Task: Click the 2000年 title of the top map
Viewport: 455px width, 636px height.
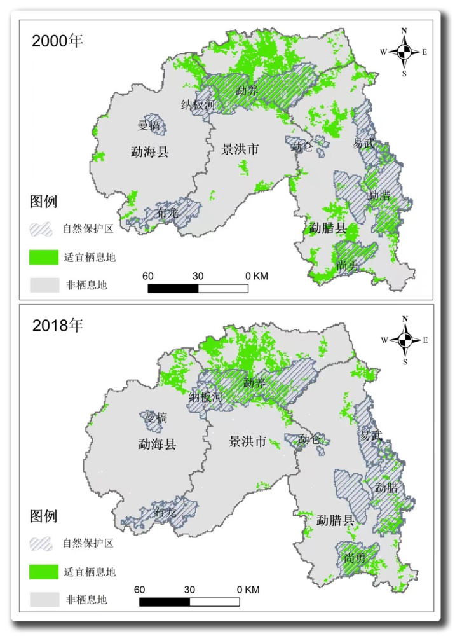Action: pyautogui.click(x=58, y=41)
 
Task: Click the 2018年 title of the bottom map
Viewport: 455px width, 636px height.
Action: pyautogui.click(x=58, y=326)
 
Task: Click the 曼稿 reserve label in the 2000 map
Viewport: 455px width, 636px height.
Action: pyautogui.click(x=150, y=125)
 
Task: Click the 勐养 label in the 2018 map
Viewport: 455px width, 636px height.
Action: pyautogui.click(x=254, y=384)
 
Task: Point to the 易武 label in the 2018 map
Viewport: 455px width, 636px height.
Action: pyautogui.click(x=372, y=436)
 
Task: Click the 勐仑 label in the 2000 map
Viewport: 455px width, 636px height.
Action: pyautogui.click(x=302, y=148)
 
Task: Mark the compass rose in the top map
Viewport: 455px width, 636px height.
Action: pyautogui.click(x=404, y=52)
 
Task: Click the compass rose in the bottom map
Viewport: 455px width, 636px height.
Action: pyautogui.click(x=404, y=340)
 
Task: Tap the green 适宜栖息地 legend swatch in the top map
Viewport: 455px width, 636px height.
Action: pyautogui.click(x=43, y=257)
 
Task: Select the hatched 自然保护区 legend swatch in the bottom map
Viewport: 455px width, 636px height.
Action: pyautogui.click(x=43, y=544)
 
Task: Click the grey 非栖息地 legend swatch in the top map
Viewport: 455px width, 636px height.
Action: pyautogui.click(x=43, y=284)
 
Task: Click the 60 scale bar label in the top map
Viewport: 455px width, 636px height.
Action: pyautogui.click(x=148, y=276)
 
